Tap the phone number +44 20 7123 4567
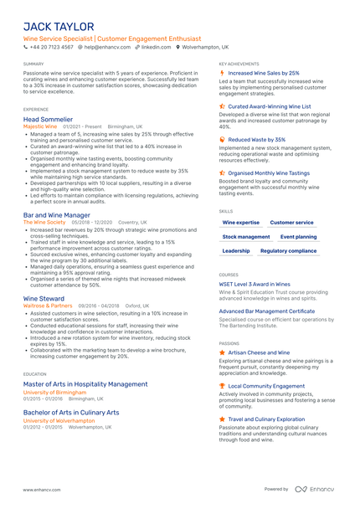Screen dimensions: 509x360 point(52,48)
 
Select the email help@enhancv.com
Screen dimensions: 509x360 point(103,48)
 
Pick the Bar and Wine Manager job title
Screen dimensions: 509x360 point(57,215)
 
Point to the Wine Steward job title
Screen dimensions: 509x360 point(44,298)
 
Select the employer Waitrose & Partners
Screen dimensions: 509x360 point(48,306)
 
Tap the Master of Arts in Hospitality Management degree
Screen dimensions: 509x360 point(85,384)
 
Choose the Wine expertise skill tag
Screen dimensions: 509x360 point(241,223)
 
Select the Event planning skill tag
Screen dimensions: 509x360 point(298,237)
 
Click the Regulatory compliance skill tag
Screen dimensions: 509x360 point(288,251)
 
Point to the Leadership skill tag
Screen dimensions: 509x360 point(236,251)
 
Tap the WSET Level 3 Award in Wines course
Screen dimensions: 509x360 point(255,285)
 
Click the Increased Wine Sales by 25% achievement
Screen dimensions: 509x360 point(264,73)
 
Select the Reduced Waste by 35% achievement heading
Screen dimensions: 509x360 point(257,140)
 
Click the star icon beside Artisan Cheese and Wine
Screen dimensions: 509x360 point(222,353)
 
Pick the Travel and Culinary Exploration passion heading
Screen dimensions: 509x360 point(266,419)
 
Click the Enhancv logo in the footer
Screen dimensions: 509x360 point(316,489)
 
